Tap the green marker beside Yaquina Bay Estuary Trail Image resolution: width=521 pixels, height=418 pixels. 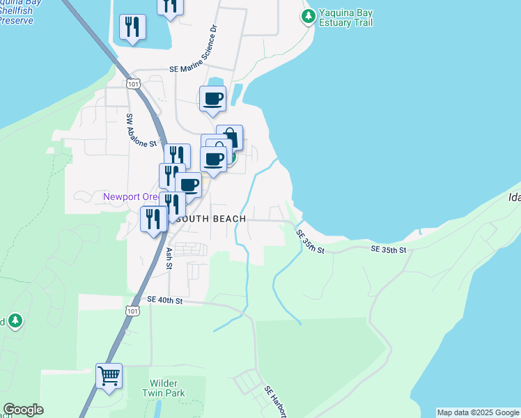pyautogui.click(x=307, y=15)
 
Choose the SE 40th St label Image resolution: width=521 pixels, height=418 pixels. pyautogui.click(x=164, y=300)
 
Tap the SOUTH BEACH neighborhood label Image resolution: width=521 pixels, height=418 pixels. pyautogui.click(x=210, y=219)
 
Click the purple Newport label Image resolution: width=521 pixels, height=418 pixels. pyautogui.click(x=131, y=197)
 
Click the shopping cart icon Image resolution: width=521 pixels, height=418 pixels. pyautogui.click(x=109, y=376)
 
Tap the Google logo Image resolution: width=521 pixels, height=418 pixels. pyautogui.click(x=23, y=410)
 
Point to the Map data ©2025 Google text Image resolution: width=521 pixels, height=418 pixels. pyautogui.click(x=478, y=412)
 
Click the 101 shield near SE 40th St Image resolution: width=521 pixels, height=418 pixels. pyautogui.click(x=133, y=311)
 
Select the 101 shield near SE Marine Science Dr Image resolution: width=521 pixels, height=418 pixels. pyautogui.click(x=133, y=84)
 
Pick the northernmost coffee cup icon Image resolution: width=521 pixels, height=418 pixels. pyautogui.click(x=213, y=98)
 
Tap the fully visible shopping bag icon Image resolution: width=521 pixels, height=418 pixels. pyautogui.click(x=229, y=137)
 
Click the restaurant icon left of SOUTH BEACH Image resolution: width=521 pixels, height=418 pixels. pyautogui.click(x=153, y=219)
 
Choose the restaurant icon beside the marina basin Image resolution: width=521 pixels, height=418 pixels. pyautogui.click(x=132, y=27)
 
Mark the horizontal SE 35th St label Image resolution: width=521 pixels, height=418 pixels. pyautogui.click(x=387, y=249)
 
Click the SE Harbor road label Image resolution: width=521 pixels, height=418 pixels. pyautogui.click(x=274, y=403)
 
